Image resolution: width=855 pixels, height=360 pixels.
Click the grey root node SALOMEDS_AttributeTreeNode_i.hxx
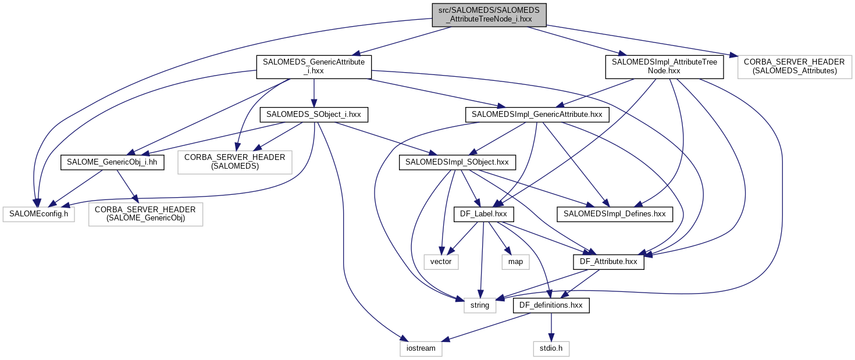tap(489, 15)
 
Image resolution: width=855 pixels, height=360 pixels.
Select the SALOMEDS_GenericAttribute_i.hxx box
tap(314, 66)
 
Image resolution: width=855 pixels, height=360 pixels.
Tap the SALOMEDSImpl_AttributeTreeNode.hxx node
tap(664, 66)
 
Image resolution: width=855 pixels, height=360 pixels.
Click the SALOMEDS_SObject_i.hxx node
tap(313, 115)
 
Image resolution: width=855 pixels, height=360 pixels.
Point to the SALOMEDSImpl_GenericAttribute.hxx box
tap(537, 115)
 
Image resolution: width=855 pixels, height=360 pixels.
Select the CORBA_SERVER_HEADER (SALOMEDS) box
tap(234, 162)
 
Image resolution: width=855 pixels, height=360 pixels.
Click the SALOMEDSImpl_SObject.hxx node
tap(457, 162)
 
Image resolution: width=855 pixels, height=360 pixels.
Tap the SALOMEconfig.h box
tap(38, 215)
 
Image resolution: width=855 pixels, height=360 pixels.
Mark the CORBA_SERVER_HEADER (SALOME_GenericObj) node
tap(145, 213)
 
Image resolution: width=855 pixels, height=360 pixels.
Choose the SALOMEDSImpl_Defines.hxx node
tap(615, 215)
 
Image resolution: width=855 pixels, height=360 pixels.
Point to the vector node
tap(441, 262)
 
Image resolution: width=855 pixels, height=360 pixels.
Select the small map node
tap(515, 262)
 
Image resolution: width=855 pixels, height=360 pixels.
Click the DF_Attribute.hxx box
tap(608, 262)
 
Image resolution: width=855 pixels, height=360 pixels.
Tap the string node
tap(480, 305)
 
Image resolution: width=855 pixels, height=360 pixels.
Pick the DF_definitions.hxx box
tap(551, 305)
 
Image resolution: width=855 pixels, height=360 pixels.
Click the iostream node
tap(421, 348)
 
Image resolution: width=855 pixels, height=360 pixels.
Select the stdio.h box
tap(551, 348)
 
